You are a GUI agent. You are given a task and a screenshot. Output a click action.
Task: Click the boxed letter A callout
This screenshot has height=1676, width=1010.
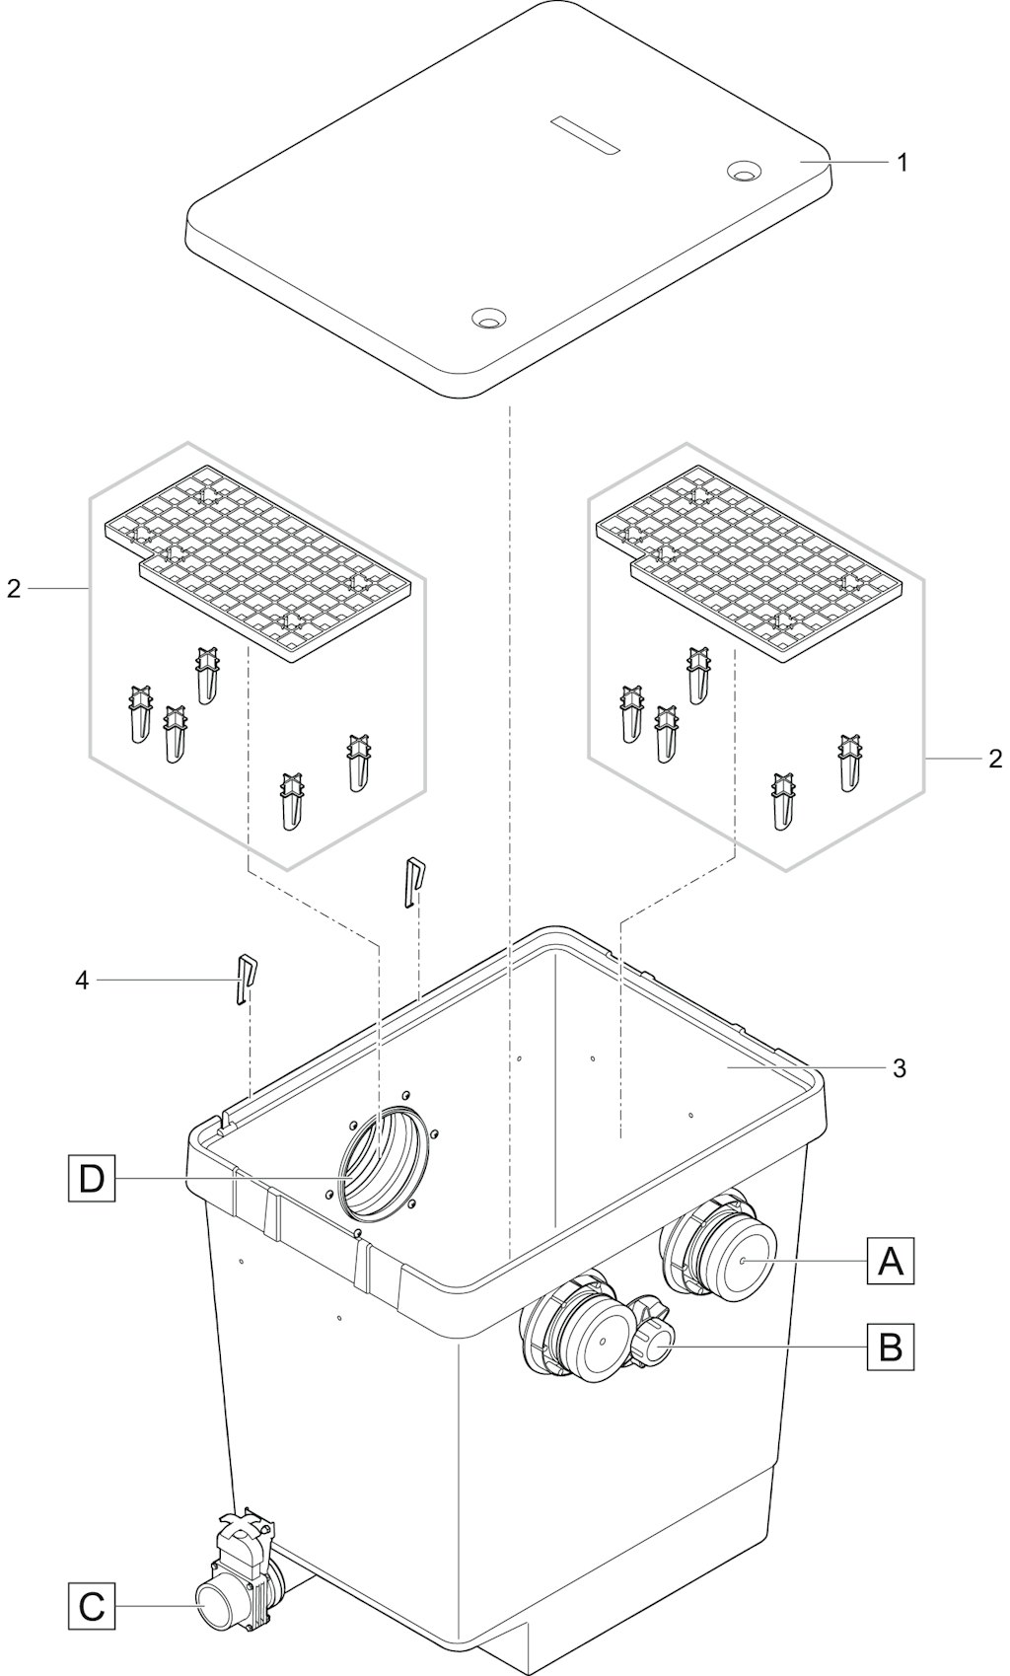coord(891,1261)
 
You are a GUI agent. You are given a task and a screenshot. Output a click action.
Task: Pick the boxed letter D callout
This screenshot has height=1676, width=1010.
coord(92,1178)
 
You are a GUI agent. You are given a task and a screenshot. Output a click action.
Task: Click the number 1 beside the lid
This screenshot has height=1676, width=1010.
coord(902,163)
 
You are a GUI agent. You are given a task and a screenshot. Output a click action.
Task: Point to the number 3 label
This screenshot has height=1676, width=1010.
coord(900,1068)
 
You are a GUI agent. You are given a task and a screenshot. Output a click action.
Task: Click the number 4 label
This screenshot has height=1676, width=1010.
coord(82,981)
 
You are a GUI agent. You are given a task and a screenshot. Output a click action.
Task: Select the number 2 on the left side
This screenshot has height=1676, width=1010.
coord(14,589)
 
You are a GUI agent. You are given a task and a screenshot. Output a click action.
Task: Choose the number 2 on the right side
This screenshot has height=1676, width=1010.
coord(994,759)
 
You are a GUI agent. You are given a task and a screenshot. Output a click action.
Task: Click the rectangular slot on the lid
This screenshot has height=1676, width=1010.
coord(585,135)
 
